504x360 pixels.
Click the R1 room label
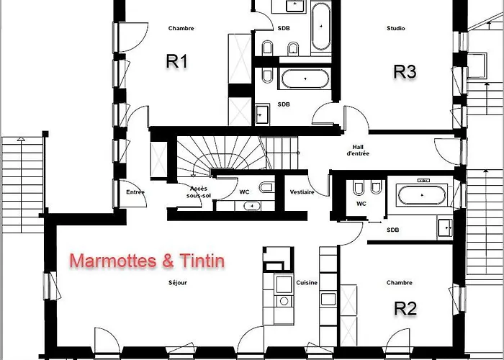(176, 62)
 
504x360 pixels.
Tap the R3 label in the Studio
(405, 71)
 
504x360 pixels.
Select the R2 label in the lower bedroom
(405, 308)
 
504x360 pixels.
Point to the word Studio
(396, 29)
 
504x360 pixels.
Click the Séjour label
(177, 283)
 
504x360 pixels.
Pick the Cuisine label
(307, 283)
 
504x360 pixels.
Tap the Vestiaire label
(301, 192)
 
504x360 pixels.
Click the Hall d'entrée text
(358, 149)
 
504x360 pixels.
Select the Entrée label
(135, 192)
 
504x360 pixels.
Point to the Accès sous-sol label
(198, 192)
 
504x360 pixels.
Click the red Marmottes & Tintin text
(146, 261)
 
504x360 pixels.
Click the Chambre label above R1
(181, 29)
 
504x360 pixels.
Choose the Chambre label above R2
(398, 283)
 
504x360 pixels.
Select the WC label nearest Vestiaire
(243, 192)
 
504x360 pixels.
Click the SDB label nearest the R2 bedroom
(392, 230)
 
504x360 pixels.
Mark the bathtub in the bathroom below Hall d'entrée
(423, 194)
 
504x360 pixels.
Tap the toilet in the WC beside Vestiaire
(266, 188)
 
